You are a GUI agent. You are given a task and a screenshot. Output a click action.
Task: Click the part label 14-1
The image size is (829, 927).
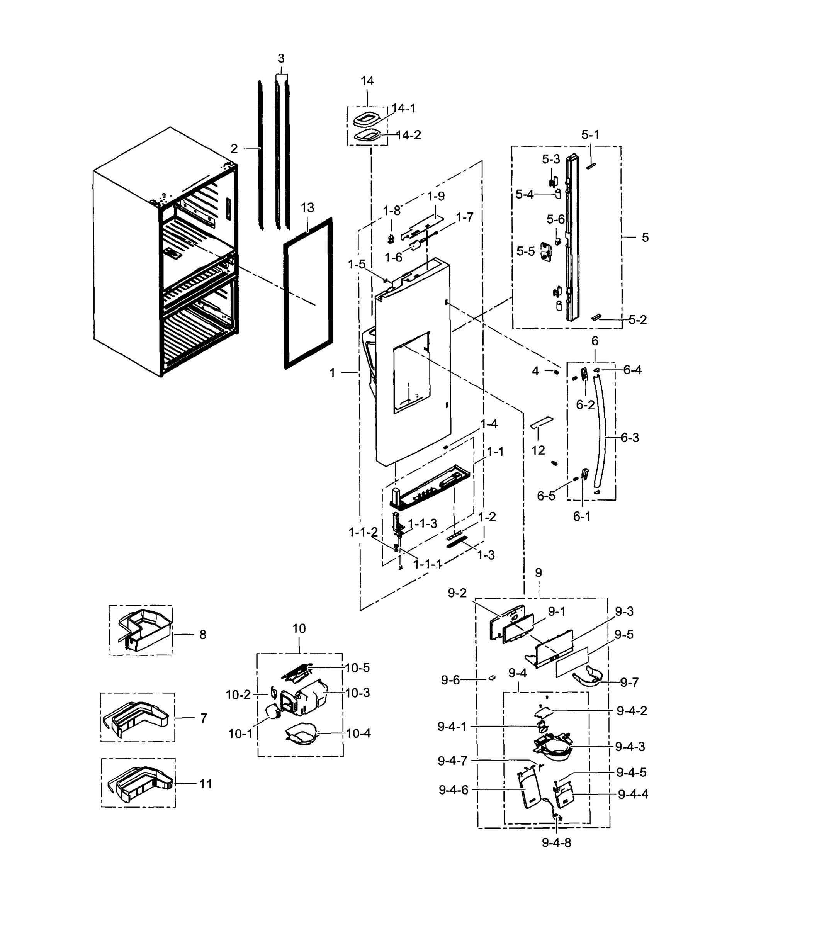(x=404, y=109)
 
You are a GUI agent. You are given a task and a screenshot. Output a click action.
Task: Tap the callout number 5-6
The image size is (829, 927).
(x=555, y=219)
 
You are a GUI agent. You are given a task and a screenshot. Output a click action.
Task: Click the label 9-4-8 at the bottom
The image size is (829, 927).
(x=556, y=843)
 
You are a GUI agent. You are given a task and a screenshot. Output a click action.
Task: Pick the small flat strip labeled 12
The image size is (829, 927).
(x=542, y=421)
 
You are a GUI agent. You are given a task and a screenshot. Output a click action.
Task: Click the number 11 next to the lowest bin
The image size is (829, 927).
(x=206, y=784)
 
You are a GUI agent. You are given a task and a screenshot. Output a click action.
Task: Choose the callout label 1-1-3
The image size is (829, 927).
(x=422, y=523)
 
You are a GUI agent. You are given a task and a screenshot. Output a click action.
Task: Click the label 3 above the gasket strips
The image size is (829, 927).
(x=281, y=59)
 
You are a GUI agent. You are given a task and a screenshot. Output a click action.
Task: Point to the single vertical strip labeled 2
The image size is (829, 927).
(x=260, y=155)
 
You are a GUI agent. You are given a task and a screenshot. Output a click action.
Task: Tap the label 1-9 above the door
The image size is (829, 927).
(x=435, y=196)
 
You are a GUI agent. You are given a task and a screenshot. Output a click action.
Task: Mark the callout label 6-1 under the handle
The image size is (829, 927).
(x=582, y=516)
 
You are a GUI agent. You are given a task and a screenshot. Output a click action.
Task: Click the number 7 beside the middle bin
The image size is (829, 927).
(x=204, y=718)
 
